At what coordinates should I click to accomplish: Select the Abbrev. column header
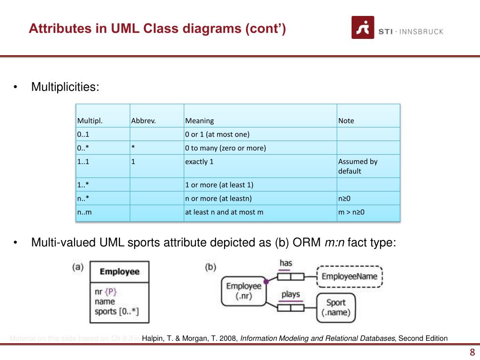pyautogui.click(x=143, y=120)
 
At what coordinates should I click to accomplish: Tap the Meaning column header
pyautogui.click(x=199, y=120)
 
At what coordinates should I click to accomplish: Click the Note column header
pyautogui.click(x=346, y=120)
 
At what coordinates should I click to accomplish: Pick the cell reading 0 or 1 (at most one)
pyautogui.click(x=217, y=135)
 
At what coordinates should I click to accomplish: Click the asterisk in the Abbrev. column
pyautogui.click(x=133, y=148)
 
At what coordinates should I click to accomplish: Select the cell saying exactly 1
pyautogui.click(x=199, y=162)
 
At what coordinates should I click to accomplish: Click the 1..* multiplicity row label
pyautogui.click(x=83, y=185)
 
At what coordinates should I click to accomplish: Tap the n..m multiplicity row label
pyautogui.click(x=84, y=212)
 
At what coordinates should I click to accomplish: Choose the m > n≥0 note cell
pyautogui.click(x=352, y=212)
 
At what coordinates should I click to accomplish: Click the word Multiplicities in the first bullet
pyautogui.click(x=65, y=87)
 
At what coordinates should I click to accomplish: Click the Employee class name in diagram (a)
pyautogui.click(x=120, y=271)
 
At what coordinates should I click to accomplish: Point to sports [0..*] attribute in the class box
pyautogui.click(x=117, y=311)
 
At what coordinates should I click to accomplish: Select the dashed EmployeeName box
pyautogui.click(x=350, y=276)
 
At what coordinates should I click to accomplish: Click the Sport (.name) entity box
pyautogui.click(x=336, y=307)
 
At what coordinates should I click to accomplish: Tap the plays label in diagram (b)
pyautogui.click(x=291, y=295)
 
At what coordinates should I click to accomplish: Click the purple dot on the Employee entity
pyautogui.click(x=266, y=282)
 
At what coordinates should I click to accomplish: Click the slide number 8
pyautogui.click(x=472, y=352)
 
